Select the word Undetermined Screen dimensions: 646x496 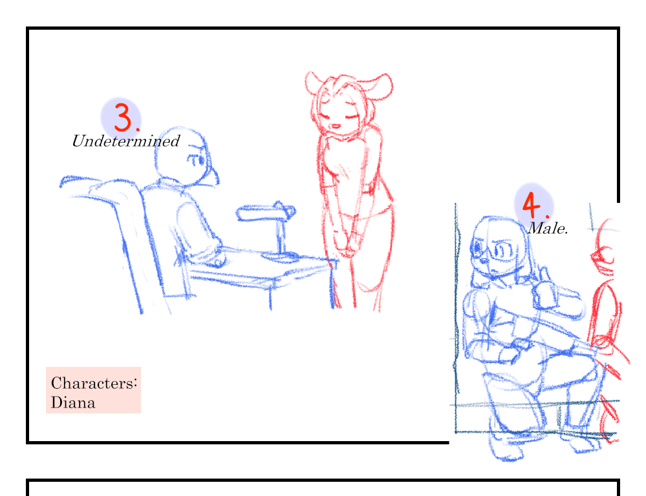126,141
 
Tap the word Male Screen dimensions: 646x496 548,228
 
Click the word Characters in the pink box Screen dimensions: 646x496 94,383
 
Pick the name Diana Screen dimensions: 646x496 73,402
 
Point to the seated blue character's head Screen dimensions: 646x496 186,156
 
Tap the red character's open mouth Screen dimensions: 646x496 336,127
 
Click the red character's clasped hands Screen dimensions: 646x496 348,242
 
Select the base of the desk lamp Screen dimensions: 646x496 280,256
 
